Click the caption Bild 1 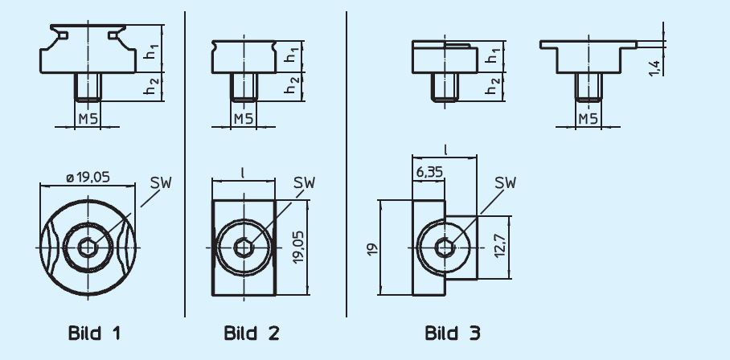94,333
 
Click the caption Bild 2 252,333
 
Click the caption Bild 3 453,333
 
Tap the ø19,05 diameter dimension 88,178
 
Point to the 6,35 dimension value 428,172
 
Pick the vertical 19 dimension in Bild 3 372,249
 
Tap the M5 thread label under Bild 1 88,119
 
